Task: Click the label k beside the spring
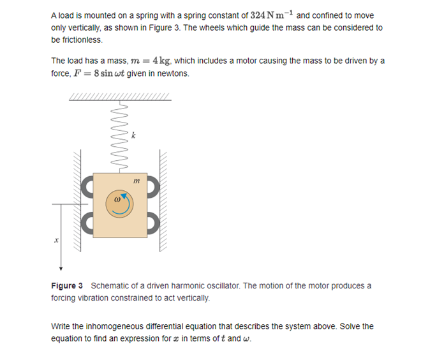(x=133, y=135)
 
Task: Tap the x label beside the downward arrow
(x=56, y=241)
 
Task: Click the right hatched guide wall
(x=163, y=204)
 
